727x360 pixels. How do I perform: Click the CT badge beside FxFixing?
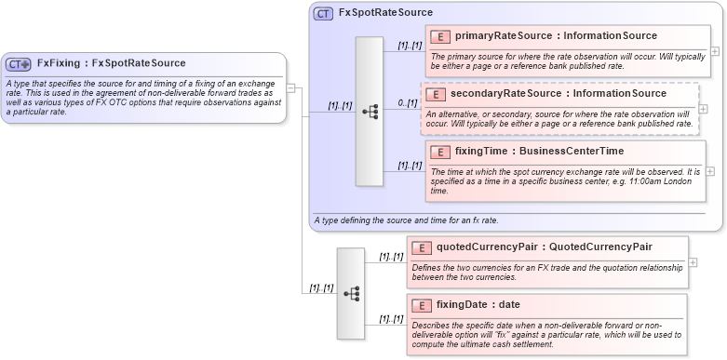point(19,64)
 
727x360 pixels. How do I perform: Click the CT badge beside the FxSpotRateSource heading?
point(323,14)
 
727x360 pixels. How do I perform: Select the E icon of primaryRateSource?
point(441,36)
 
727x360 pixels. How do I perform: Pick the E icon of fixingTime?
point(441,152)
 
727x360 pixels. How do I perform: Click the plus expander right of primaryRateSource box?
point(714,51)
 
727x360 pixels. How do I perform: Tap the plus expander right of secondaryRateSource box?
point(703,109)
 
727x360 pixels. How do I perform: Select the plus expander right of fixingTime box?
point(710,171)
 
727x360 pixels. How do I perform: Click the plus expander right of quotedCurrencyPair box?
point(693,261)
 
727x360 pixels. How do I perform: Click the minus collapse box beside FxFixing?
point(290,88)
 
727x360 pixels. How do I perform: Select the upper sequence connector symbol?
point(370,112)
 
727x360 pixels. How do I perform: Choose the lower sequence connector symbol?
point(351,293)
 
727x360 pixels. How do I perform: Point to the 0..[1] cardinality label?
point(406,102)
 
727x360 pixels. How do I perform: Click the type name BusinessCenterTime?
point(559,151)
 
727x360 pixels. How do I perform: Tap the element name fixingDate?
point(464,304)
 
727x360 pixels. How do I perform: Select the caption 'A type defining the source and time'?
point(406,220)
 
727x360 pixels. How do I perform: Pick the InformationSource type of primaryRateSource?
point(613,35)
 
